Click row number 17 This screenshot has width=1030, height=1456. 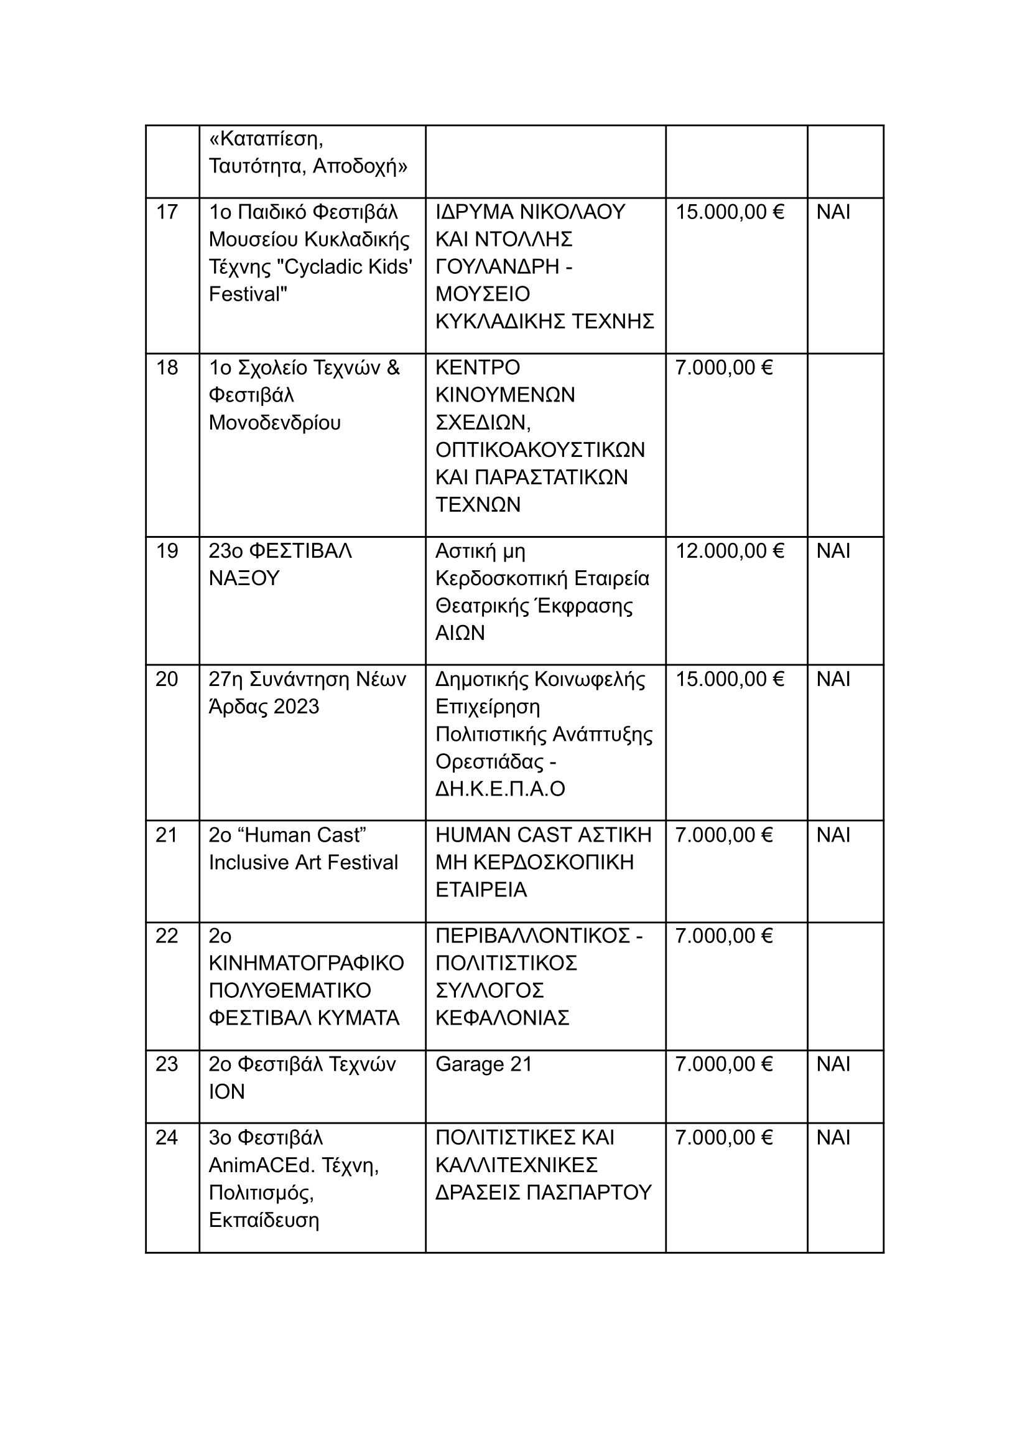coord(167,212)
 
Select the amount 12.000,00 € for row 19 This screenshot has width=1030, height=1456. coord(730,551)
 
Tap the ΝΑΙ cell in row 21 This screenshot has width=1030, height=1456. coord(833,835)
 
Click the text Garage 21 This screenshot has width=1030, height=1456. coord(483,1064)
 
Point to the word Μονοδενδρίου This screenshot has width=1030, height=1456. coord(275,423)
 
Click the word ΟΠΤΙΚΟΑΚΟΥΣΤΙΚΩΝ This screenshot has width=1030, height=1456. coord(540,450)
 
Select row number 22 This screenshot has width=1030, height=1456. coord(167,936)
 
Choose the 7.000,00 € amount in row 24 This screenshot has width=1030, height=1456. coord(723,1138)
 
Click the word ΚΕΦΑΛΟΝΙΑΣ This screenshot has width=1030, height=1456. coord(503,1018)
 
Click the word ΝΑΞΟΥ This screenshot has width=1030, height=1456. coord(244,578)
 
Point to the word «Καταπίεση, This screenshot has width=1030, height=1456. coord(266,139)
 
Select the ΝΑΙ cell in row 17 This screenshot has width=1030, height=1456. coord(833,212)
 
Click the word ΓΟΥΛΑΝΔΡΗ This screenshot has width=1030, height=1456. coord(497,267)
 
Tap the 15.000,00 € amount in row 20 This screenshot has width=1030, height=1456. coord(730,680)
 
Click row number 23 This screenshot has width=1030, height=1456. coord(167,1064)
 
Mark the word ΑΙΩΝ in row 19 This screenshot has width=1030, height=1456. coord(460,633)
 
